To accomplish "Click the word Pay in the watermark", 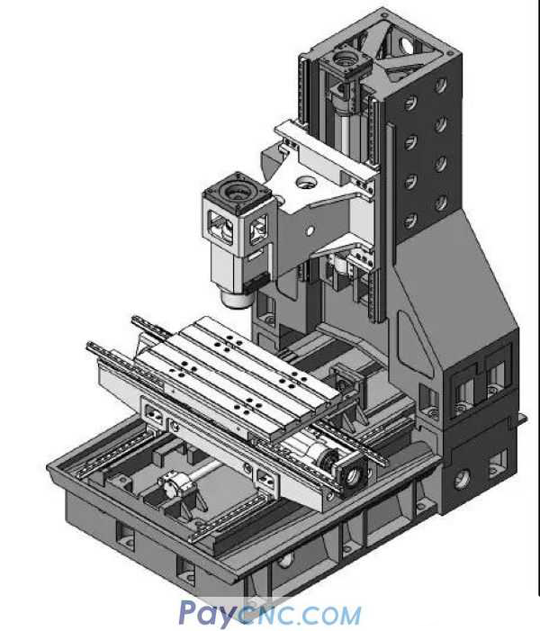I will click(204, 614).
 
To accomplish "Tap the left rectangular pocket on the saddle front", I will click(152, 417).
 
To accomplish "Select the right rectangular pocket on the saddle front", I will click(265, 475).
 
